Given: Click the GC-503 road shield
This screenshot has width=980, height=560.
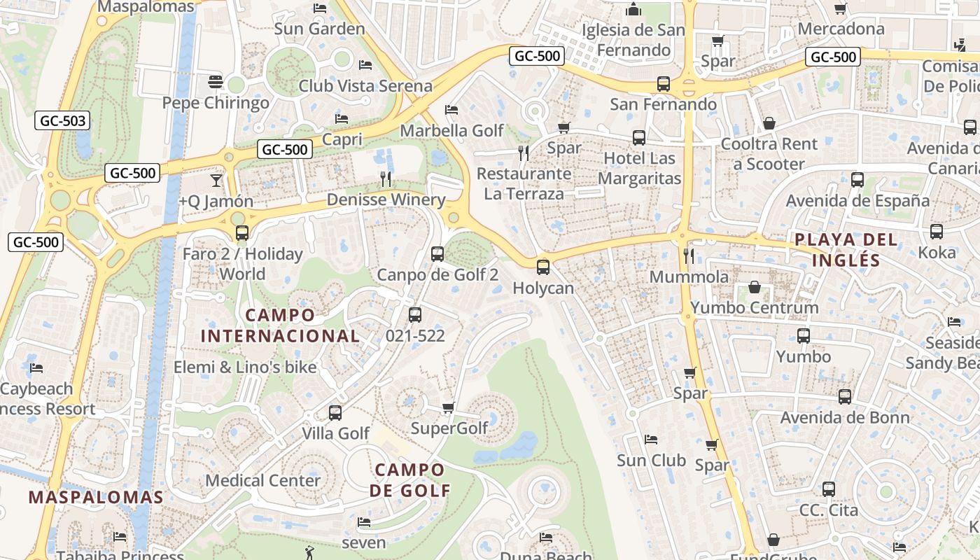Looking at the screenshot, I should click(63, 120).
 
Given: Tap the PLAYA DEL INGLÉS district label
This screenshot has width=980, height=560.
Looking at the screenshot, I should click(837, 250).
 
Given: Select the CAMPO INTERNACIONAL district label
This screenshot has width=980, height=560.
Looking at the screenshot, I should click(281, 325).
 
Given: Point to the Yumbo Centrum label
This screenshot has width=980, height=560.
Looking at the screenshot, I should click(754, 308).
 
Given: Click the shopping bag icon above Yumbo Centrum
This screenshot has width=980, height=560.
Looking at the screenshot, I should click(755, 287).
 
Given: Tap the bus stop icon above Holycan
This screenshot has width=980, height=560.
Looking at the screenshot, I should click(543, 267).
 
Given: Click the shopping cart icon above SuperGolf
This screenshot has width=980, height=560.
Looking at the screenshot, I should click(449, 407).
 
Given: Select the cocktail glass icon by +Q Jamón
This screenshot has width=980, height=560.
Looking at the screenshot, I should click(216, 180).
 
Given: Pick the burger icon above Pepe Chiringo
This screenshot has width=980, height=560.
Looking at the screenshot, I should click(216, 82).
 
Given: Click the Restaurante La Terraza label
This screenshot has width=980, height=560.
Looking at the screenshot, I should click(524, 183).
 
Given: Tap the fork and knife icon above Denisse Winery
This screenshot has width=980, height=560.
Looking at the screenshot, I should click(386, 178).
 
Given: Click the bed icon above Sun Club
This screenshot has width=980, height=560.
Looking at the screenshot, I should click(651, 440).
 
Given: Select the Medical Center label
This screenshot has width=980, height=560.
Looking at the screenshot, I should click(262, 481).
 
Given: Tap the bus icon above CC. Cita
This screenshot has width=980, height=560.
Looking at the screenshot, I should click(829, 489).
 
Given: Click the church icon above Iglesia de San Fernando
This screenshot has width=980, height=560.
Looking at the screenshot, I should click(633, 9).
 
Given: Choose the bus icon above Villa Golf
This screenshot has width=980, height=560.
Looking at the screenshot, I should click(335, 413).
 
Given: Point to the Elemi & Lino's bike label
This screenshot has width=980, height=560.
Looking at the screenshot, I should click(245, 367).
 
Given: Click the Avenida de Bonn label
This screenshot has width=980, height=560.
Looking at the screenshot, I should click(845, 418).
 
